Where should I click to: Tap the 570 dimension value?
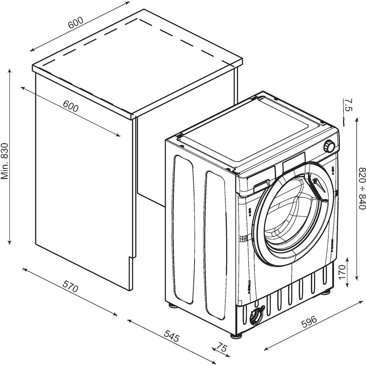coord(70,286)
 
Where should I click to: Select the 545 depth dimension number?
coord(172,336)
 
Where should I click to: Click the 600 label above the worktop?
coord(75,23)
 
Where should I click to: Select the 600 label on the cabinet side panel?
coord(70,107)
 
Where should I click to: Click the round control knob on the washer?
coord(329,146)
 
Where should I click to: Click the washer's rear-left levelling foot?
coord(172,305)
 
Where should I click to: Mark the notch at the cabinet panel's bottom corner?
coord(131,259)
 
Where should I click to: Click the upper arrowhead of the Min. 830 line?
coord(10,71)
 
